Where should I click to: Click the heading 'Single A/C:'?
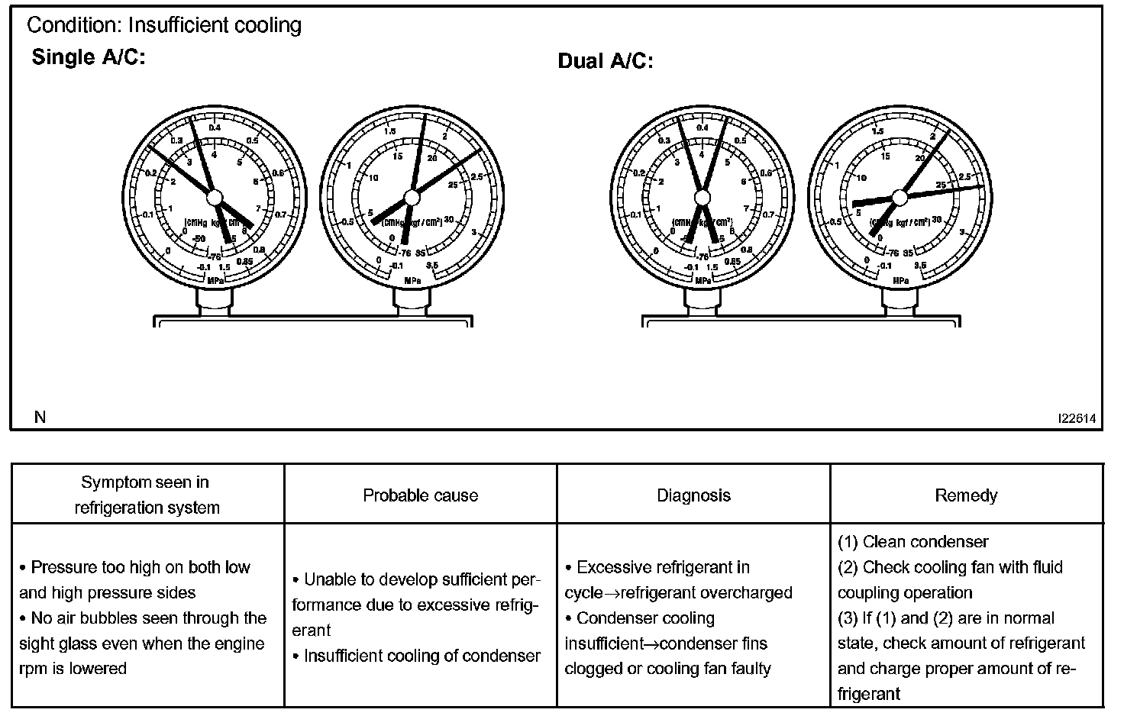coord(88,58)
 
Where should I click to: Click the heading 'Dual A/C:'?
coord(606,61)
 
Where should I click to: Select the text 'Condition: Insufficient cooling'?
coord(164,25)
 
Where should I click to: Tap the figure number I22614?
coord(1077,418)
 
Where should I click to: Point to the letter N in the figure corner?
coord(40,417)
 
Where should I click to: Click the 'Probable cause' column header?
coord(420,495)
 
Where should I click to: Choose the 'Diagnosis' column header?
coord(693,495)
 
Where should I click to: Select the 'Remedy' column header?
coord(966,495)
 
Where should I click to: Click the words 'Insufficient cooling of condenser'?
coord(421,656)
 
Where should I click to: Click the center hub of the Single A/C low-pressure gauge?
coord(215,197)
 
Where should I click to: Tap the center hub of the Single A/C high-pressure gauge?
coord(412,198)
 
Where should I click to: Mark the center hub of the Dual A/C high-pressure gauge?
coord(899,197)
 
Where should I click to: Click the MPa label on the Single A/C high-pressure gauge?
coord(412,280)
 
